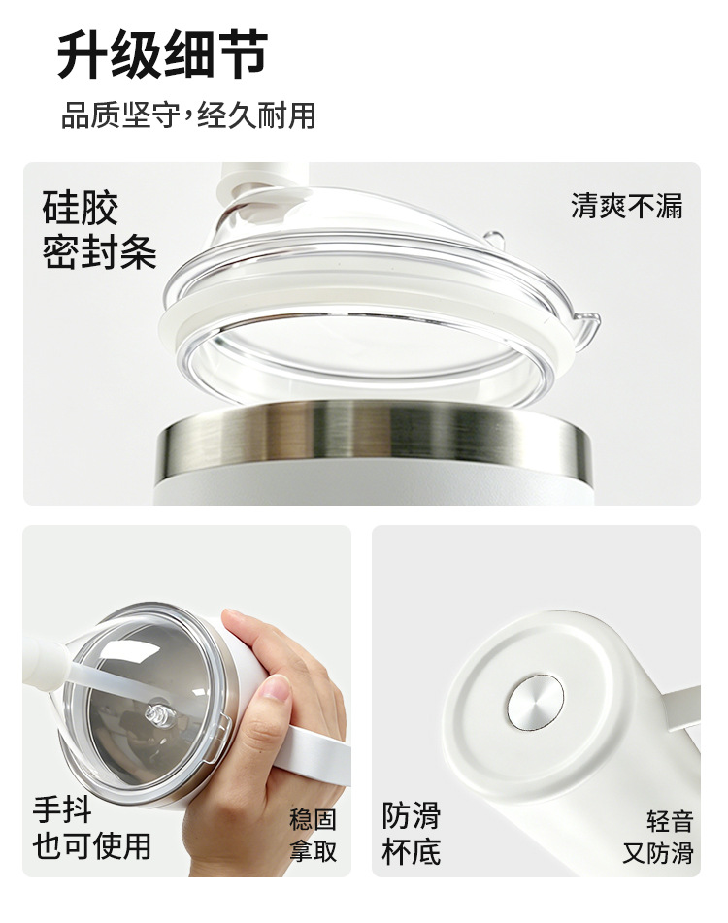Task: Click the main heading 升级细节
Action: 162,54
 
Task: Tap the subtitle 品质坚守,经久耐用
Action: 188,115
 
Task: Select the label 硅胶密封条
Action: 99,230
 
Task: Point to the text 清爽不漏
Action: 626,206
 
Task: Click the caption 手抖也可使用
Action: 92,828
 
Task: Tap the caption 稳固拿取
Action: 313,835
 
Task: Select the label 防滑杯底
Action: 411,833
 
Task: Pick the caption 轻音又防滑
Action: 658,837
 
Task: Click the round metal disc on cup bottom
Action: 535,703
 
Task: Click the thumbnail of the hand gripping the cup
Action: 186,701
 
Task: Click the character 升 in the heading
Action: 83,54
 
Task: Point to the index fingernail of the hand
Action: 276,686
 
